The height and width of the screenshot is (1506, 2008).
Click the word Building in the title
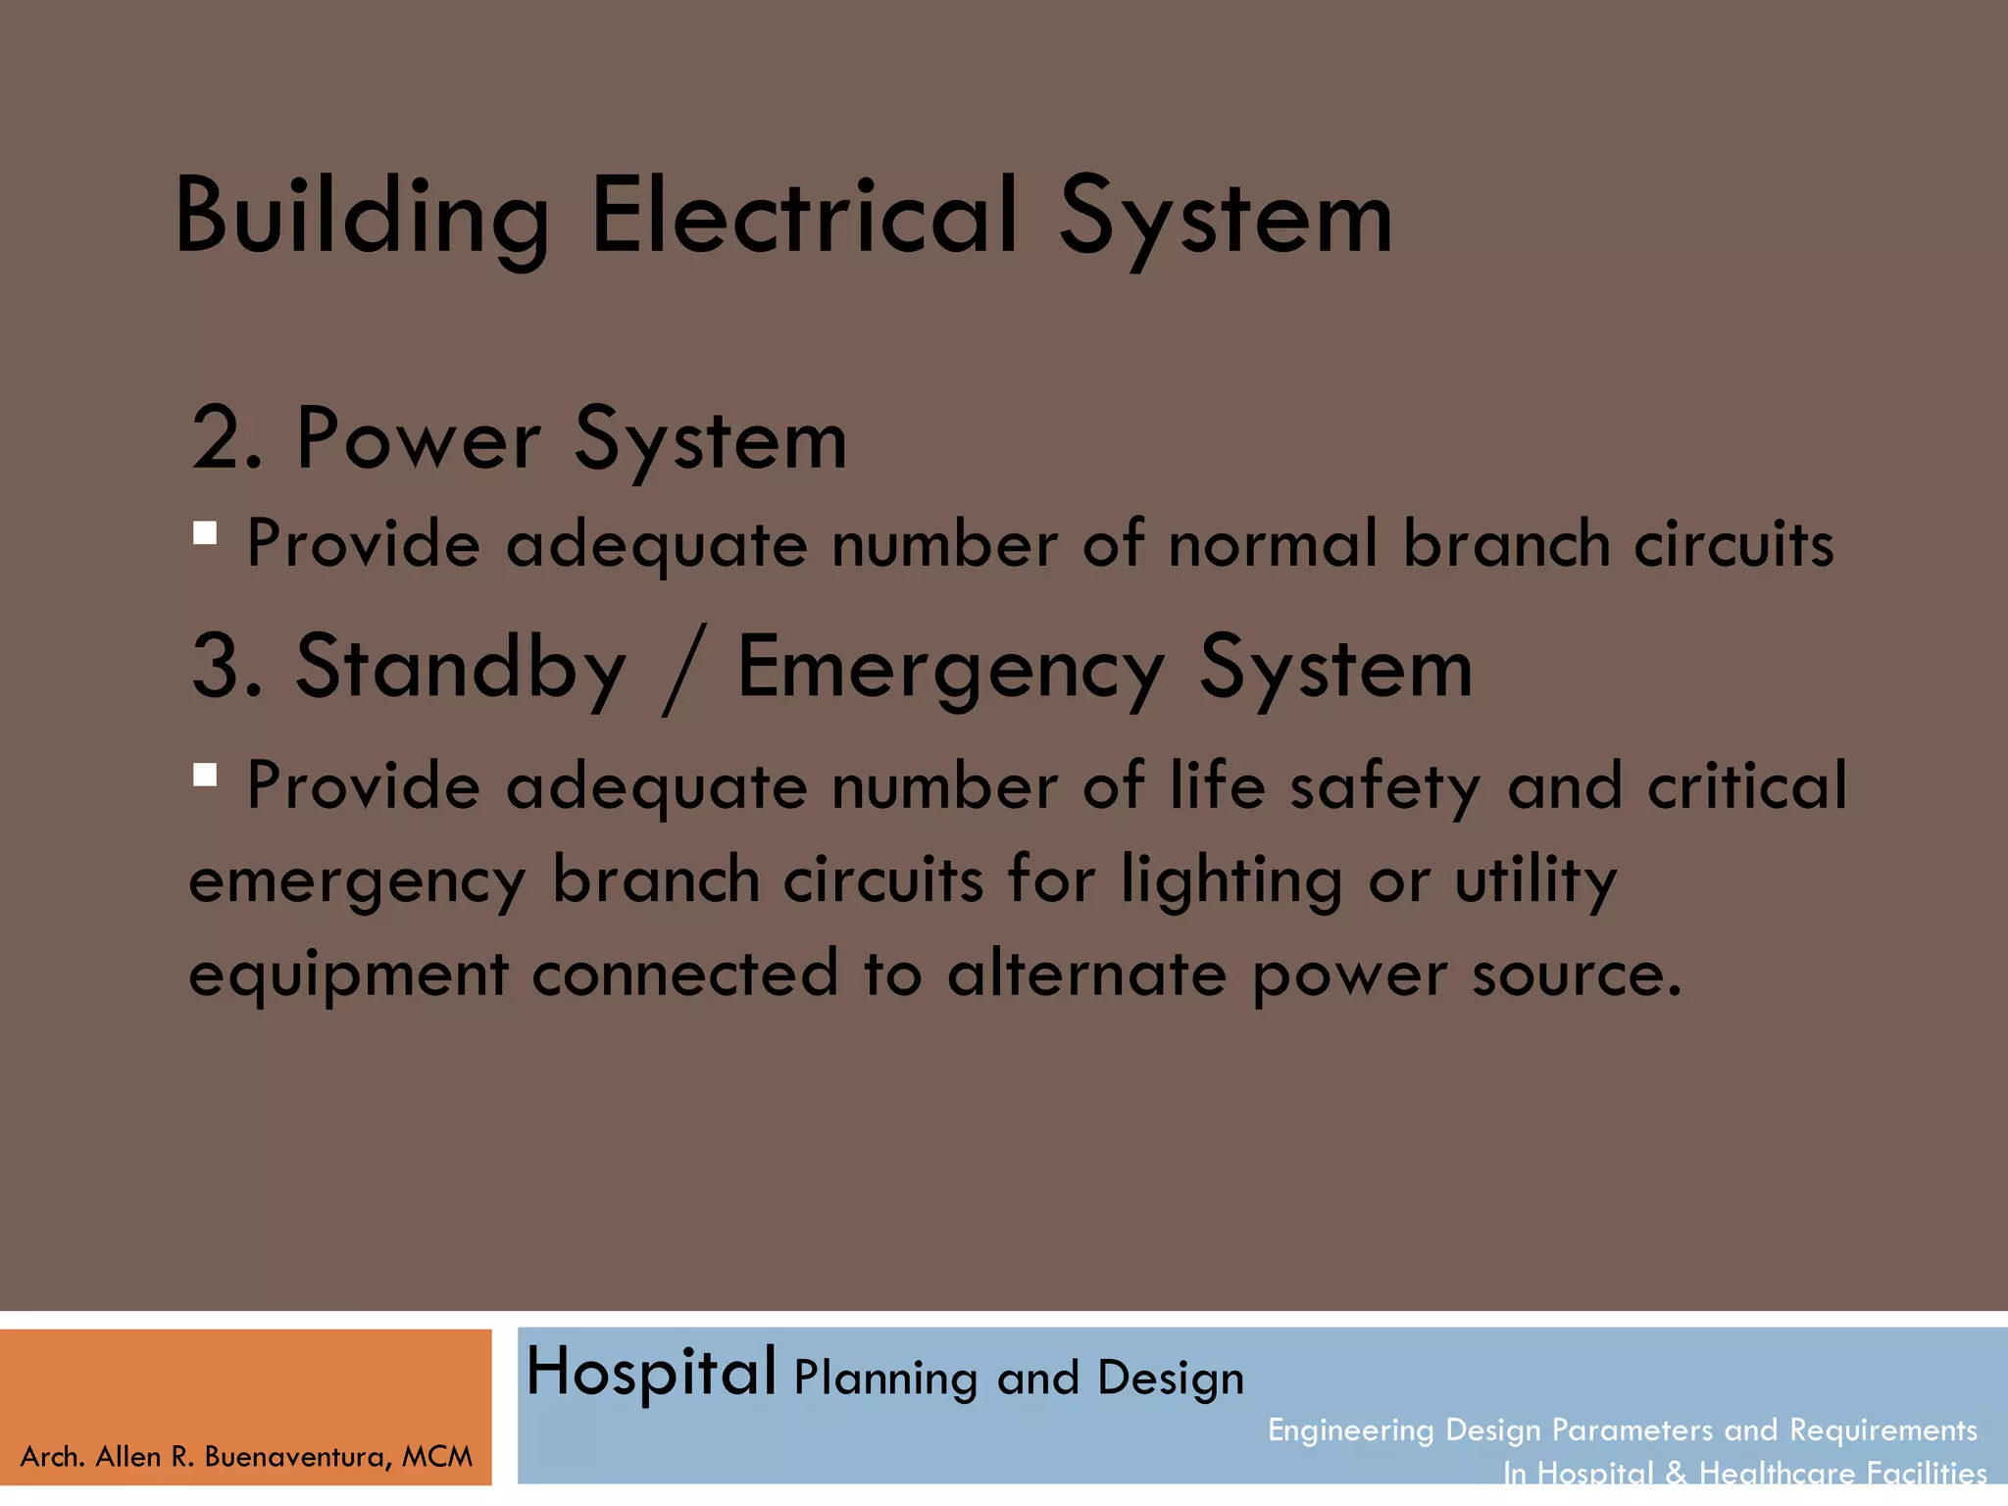(361, 218)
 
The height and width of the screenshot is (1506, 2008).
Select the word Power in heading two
(418, 439)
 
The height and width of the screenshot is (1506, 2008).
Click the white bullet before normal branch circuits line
(205, 533)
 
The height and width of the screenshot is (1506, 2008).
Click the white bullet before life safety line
(205, 776)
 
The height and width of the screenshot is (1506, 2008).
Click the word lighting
(1231, 880)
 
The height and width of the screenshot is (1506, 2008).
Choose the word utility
(1535, 880)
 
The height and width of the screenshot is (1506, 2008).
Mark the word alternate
(1086, 974)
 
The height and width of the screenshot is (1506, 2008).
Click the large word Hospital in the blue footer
(651, 1373)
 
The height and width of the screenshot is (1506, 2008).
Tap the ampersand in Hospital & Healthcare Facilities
(1676, 1473)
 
